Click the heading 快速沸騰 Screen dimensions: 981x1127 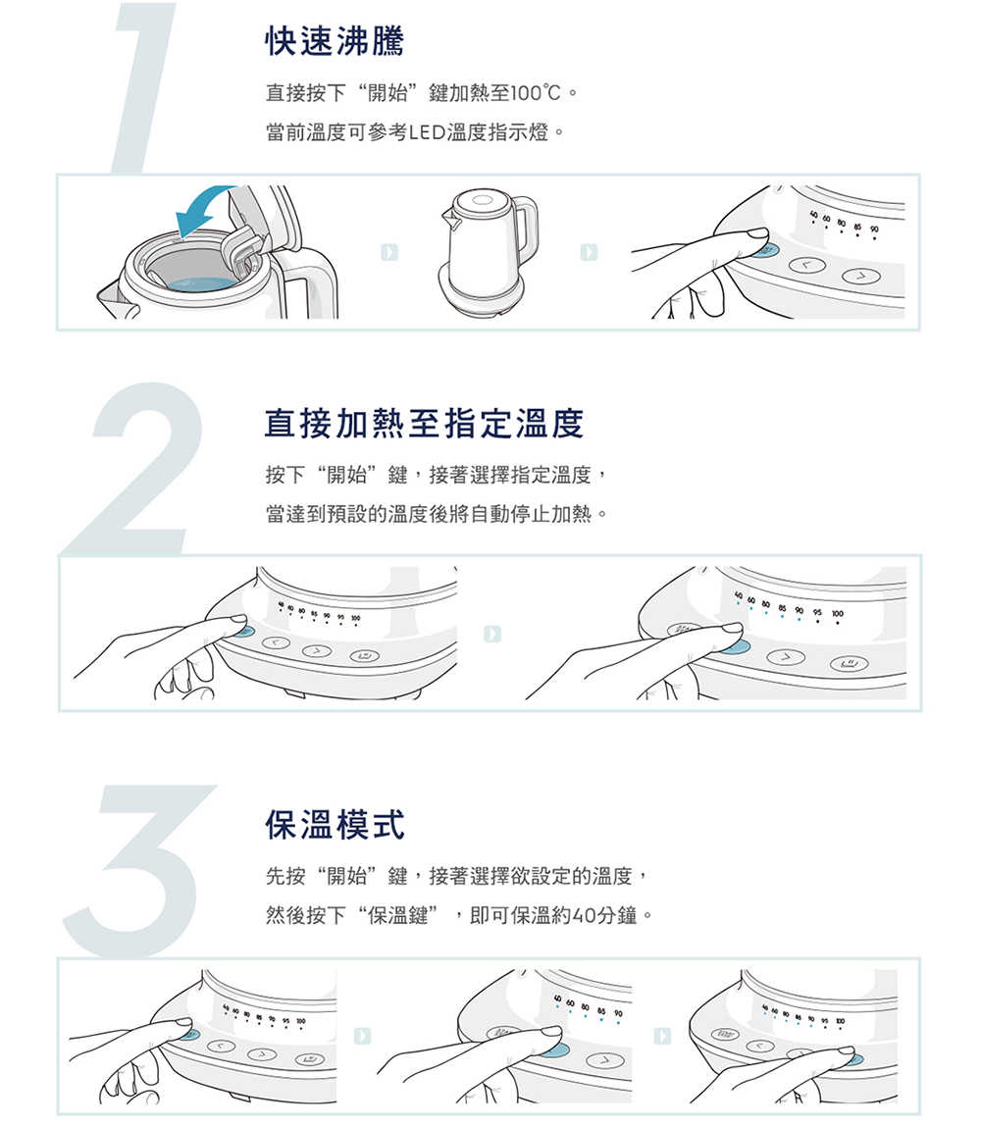pyautogui.click(x=335, y=40)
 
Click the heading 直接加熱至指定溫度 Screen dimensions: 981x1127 pyautogui.click(x=424, y=423)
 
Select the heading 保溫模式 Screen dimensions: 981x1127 pyautogui.click(x=335, y=824)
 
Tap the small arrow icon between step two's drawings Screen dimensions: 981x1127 pyautogui.click(x=492, y=634)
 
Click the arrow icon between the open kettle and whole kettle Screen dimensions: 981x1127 pyautogui.click(x=389, y=252)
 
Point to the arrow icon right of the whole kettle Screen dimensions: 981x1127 pyautogui.click(x=589, y=252)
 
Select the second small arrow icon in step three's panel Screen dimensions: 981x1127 pyautogui.click(x=662, y=1036)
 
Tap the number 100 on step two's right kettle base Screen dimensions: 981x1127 pyautogui.click(x=837, y=614)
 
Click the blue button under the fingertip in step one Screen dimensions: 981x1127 pyautogui.click(x=766, y=250)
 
